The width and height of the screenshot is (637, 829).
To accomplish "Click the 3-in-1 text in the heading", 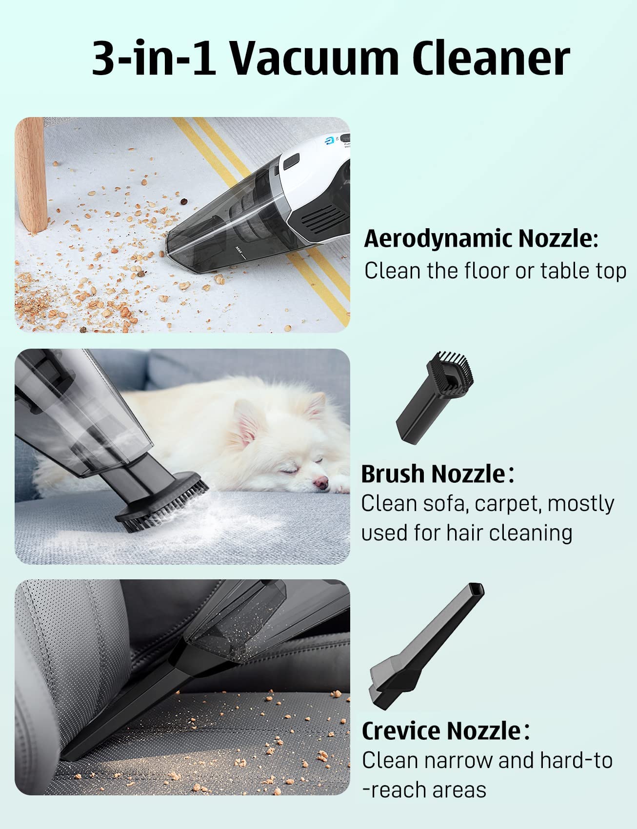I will (154, 59).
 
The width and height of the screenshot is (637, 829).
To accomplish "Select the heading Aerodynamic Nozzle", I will (480, 239).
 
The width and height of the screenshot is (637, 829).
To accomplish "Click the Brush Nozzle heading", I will (433, 474).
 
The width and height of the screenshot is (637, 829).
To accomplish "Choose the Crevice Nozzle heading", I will (441, 730).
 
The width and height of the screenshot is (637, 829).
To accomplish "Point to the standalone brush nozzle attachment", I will (434, 397).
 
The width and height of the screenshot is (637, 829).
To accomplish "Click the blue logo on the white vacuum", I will (329, 141).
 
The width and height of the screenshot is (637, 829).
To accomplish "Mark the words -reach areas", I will (424, 790).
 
